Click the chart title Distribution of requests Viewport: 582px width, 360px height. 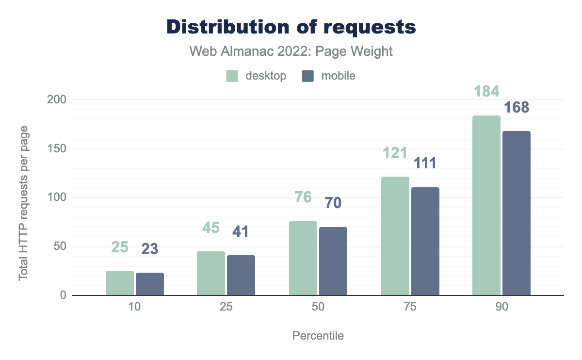pos(291,27)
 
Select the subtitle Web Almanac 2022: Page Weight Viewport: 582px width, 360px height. pos(291,51)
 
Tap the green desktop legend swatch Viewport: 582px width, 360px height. pos(232,76)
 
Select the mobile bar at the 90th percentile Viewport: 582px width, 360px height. pos(517,213)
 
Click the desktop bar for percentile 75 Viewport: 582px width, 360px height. pos(395,236)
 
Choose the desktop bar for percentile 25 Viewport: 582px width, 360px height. pos(211,273)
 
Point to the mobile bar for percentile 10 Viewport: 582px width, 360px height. pos(150,284)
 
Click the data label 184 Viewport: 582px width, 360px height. pos(486,92)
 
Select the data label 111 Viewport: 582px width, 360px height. pos(425,163)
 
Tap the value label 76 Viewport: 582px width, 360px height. pos(303,197)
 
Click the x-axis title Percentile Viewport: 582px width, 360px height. pos(318,336)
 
